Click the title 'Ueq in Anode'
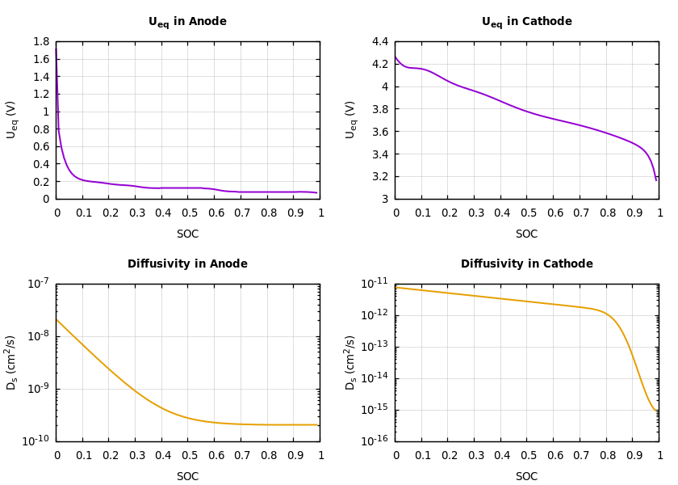click(x=187, y=22)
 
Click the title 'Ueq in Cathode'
click(x=526, y=22)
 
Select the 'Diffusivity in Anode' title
click(x=187, y=264)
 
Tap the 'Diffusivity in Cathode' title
click(x=526, y=264)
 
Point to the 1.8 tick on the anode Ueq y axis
click(x=40, y=42)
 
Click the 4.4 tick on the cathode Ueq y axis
click(x=379, y=42)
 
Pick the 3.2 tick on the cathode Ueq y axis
click(x=379, y=177)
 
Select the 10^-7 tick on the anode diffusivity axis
click(x=38, y=283)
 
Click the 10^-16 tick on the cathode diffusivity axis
click(x=375, y=441)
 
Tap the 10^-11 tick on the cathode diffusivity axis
click(x=375, y=283)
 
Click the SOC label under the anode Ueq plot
click(x=187, y=234)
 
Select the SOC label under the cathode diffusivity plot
click(x=526, y=477)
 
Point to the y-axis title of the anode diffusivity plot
click(x=11, y=362)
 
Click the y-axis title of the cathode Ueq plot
click(x=350, y=120)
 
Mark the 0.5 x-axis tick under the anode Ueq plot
click(x=188, y=213)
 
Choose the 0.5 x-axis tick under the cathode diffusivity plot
click(x=527, y=456)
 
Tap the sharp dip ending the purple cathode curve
click(x=656, y=179)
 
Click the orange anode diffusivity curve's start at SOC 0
click(x=56, y=319)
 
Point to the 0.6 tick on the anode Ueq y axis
click(x=40, y=147)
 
